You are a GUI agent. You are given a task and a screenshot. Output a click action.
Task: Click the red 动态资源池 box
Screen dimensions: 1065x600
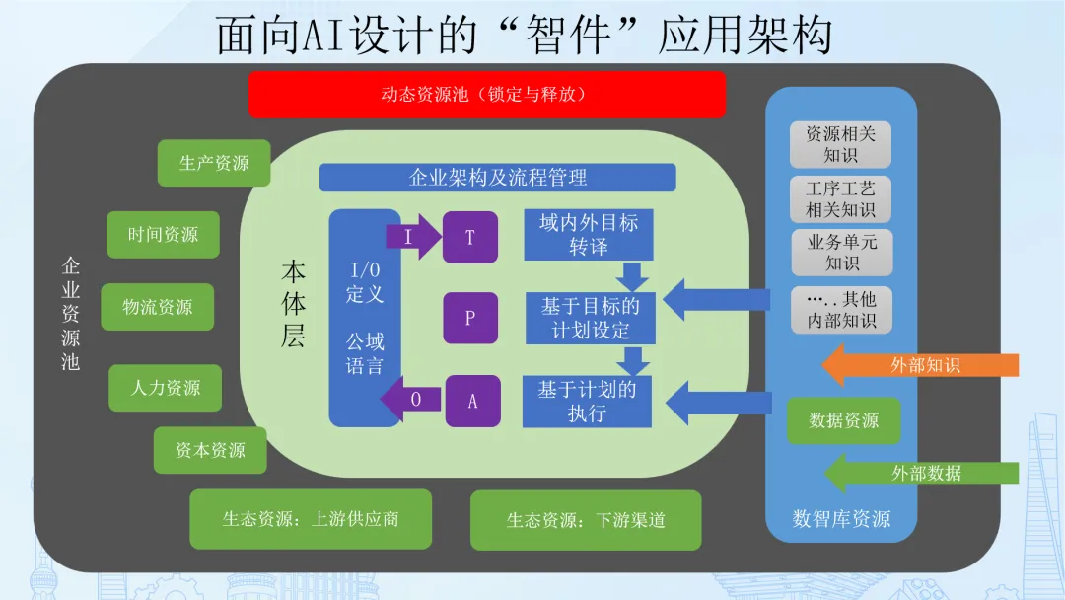click(487, 95)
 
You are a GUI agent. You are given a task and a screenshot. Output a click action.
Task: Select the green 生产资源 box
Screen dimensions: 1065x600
click(214, 163)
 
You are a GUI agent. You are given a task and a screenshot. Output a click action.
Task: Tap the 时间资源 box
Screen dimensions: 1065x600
click(163, 235)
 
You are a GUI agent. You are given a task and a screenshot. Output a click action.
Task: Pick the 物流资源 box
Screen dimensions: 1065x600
click(158, 307)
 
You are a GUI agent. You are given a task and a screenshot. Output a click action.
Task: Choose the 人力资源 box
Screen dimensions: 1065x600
click(165, 388)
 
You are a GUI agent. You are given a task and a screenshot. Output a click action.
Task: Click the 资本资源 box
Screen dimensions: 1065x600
click(210, 450)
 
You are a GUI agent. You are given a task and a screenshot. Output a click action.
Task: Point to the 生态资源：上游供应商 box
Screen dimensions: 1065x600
click(311, 519)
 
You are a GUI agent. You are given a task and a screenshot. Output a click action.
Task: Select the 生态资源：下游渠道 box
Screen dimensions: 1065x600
click(586, 520)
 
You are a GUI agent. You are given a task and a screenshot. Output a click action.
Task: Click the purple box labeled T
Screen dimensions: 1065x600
click(470, 237)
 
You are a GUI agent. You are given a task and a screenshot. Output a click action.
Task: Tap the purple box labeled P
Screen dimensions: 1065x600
click(470, 318)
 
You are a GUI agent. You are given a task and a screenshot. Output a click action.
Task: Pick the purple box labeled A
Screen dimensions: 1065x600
click(472, 401)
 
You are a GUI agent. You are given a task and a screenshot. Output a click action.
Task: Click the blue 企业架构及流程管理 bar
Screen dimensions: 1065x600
click(498, 178)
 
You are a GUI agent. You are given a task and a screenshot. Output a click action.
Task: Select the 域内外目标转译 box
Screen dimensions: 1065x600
click(588, 235)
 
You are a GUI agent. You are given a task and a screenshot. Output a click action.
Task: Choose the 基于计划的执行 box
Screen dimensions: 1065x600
click(587, 402)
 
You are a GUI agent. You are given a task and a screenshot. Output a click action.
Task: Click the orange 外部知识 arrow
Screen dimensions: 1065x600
click(920, 365)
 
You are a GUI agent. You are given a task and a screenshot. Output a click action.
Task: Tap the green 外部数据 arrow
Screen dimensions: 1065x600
click(922, 473)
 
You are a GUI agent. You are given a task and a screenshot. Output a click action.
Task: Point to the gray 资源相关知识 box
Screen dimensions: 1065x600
click(840, 145)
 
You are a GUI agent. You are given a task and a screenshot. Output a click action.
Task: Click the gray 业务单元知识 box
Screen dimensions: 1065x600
click(841, 252)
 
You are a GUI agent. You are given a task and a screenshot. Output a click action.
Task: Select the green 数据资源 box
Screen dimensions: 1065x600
click(843, 420)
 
